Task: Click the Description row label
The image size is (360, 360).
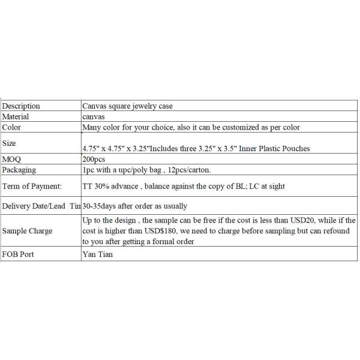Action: (x=22, y=106)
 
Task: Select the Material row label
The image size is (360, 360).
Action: (x=16, y=116)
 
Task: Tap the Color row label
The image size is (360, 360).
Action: (x=13, y=127)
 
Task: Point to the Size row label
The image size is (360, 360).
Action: (x=10, y=143)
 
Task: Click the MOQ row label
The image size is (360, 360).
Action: (x=12, y=159)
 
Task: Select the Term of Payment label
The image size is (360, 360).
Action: (x=32, y=186)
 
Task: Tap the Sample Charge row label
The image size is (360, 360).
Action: (x=28, y=231)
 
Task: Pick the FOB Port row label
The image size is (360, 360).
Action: (x=19, y=254)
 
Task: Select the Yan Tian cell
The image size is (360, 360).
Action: (x=97, y=254)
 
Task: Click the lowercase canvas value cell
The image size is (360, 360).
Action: (x=94, y=116)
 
